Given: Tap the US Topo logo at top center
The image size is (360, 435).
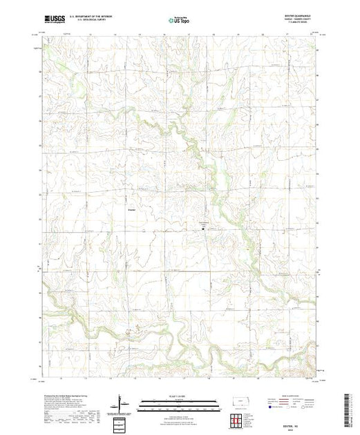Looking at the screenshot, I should [180, 21].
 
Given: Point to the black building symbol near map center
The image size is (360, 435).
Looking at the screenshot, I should [203, 225].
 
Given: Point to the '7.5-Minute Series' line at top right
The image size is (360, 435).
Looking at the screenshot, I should [298, 25].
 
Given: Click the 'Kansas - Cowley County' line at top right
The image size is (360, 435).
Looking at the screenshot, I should [298, 21].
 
